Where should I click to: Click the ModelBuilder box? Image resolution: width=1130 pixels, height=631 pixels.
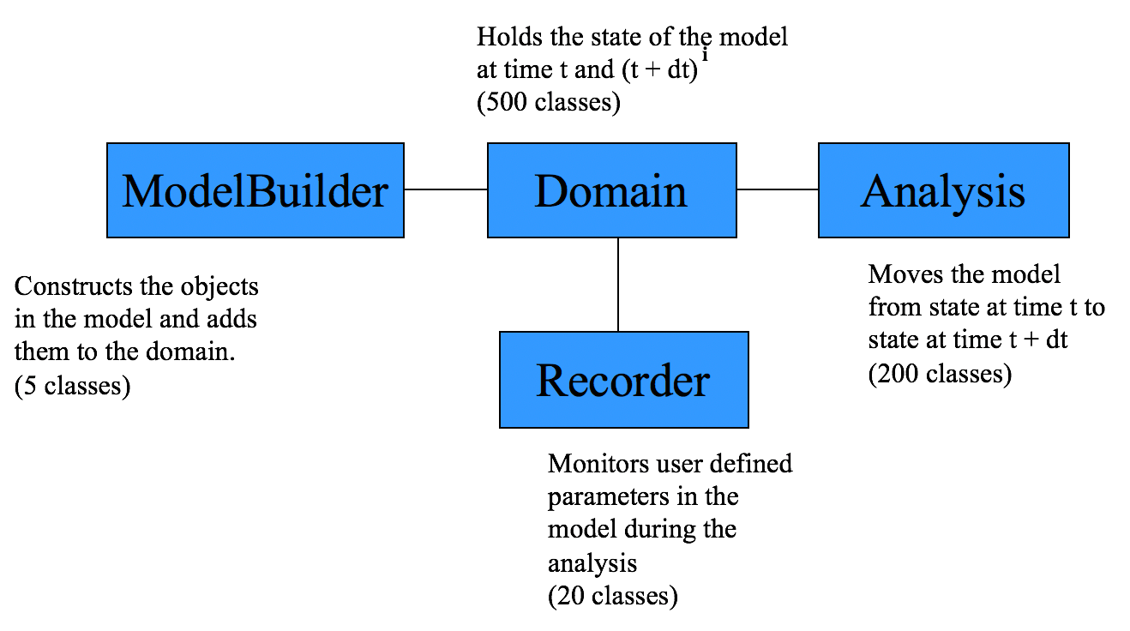coord(255,190)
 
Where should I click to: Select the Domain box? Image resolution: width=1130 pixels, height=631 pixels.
coord(611,190)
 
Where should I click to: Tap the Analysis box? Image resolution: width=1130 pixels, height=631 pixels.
coord(943,190)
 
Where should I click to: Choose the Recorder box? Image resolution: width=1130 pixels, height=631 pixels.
coord(623,380)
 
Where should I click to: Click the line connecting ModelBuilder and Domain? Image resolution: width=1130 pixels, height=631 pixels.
coord(445,189)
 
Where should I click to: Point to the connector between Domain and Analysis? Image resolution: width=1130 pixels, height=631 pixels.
coord(777,189)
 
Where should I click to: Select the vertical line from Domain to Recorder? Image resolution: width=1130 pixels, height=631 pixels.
coord(617,284)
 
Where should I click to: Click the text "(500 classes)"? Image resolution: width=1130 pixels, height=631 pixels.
coord(548,102)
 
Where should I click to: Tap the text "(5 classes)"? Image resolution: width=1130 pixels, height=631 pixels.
coord(73,386)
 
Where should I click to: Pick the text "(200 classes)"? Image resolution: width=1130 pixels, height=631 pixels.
coord(940,374)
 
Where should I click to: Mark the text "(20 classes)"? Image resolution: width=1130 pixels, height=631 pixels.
coord(612,595)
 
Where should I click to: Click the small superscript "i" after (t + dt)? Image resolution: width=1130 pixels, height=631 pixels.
coord(705,56)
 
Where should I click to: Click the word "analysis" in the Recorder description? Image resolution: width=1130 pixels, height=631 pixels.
coord(592,563)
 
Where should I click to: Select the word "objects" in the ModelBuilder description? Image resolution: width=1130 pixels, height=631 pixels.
coord(226,285)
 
